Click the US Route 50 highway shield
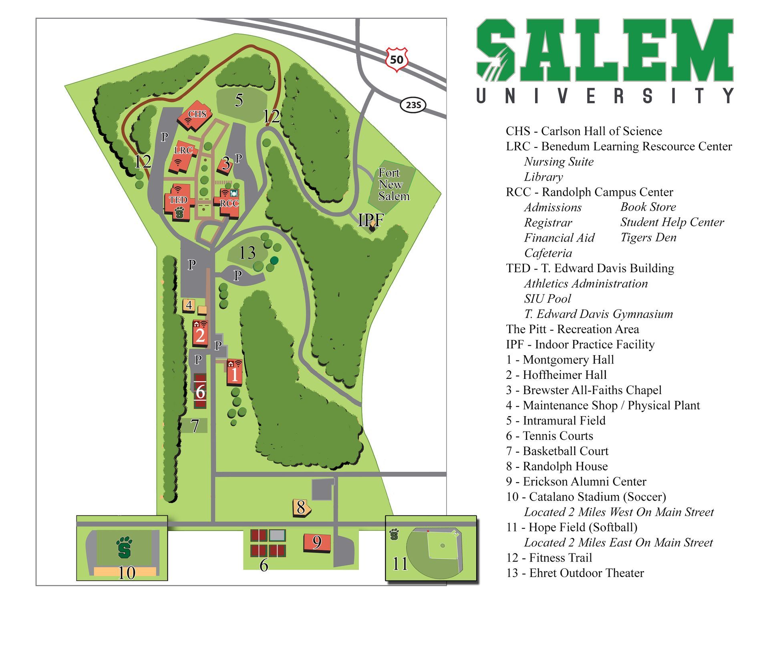click(x=397, y=60)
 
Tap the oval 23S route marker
click(x=413, y=105)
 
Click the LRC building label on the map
click(x=183, y=151)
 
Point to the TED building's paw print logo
click(x=179, y=213)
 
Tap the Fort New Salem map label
click(x=393, y=185)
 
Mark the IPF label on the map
click(x=370, y=220)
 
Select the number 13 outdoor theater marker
click(x=247, y=253)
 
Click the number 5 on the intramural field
click(x=239, y=100)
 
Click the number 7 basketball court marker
click(x=195, y=426)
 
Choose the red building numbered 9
click(x=317, y=543)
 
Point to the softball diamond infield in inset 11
click(x=442, y=545)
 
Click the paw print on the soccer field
click(x=124, y=547)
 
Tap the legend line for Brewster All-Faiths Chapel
click(x=584, y=390)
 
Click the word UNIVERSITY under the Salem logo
click(x=605, y=96)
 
